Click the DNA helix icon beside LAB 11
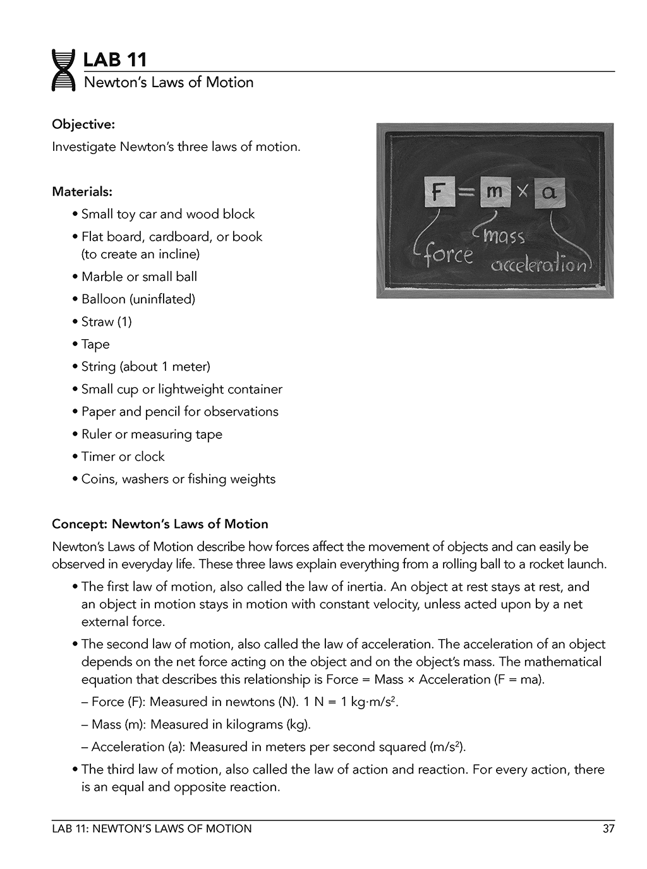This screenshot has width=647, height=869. (63, 70)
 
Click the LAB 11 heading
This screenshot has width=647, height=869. (115, 60)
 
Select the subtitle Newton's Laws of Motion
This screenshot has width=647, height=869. (169, 82)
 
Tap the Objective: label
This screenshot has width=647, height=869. (83, 124)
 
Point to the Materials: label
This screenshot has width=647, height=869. (82, 191)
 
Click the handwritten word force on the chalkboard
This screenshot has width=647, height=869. (447, 255)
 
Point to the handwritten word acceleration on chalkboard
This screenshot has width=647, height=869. (539, 265)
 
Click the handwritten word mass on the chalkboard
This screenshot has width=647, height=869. (504, 237)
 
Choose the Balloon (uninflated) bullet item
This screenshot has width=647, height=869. (138, 299)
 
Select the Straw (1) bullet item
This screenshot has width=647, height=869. (106, 321)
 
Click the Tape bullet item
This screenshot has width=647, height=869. (95, 344)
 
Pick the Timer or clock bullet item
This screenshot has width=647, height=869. (123, 456)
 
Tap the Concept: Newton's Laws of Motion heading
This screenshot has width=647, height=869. (160, 524)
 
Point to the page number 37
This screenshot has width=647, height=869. (608, 829)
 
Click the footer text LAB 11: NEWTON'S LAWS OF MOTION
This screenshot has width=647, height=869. (152, 829)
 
